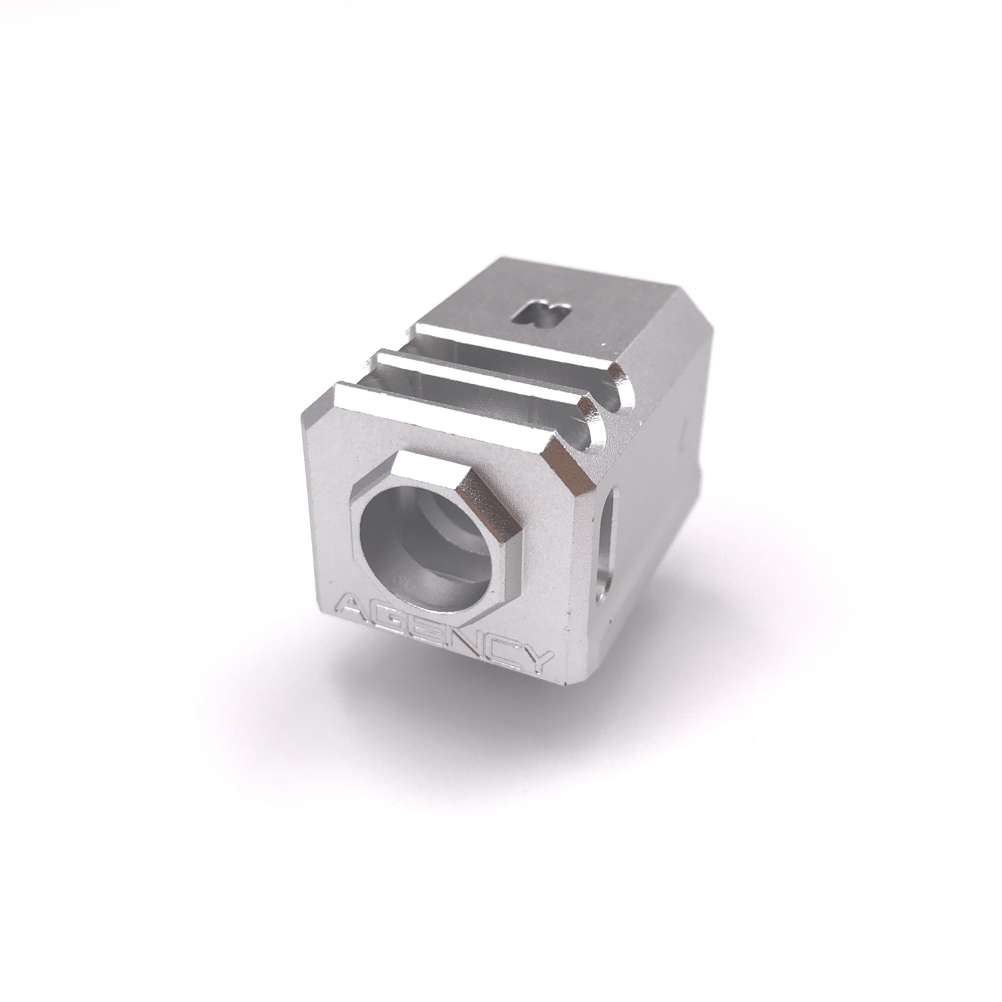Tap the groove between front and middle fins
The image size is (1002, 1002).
tap(467, 384)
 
